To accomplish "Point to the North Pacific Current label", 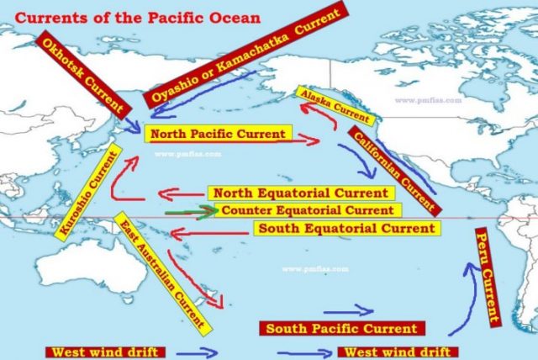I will [x=218, y=134].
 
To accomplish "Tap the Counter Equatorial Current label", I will [x=306, y=210].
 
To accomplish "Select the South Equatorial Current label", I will [x=345, y=228].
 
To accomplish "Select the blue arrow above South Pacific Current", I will [x=350, y=310].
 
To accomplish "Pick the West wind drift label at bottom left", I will [x=105, y=351].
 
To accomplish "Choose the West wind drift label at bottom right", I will [x=398, y=351].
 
